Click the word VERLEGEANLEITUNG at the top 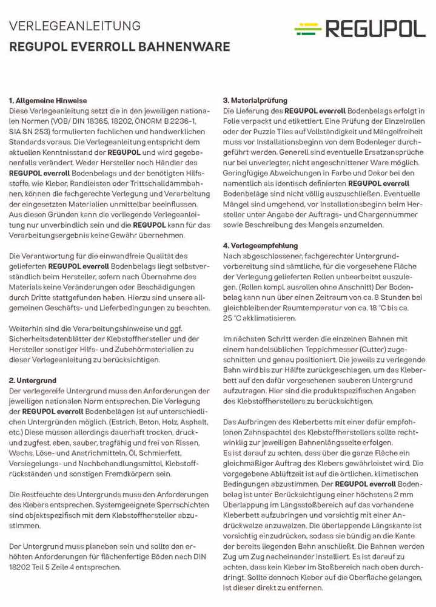click(75, 26)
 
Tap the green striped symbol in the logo click(308, 28)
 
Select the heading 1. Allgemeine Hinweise click(48, 101)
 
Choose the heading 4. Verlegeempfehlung click(260, 246)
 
